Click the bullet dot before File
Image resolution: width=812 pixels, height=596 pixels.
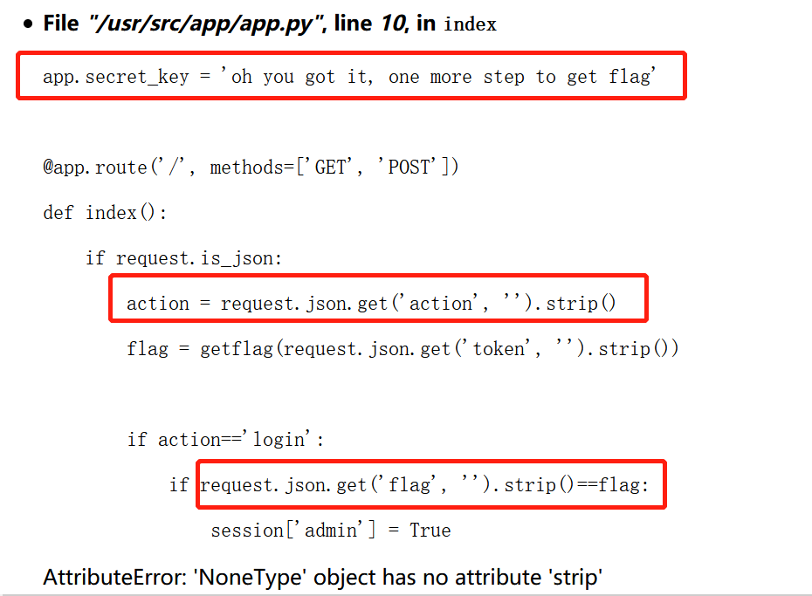(x=29, y=24)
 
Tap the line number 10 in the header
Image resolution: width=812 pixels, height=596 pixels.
(x=391, y=24)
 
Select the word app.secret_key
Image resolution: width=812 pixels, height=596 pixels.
(x=115, y=77)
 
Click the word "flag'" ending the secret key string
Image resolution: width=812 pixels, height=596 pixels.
(x=630, y=77)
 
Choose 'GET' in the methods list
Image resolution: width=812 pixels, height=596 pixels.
(x=330, y=167)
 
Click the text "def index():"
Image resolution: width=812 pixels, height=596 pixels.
(x=105, y=213)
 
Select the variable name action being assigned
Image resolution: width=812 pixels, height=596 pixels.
(x=158, y=304)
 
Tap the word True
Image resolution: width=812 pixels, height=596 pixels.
(x=430, y=531)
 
